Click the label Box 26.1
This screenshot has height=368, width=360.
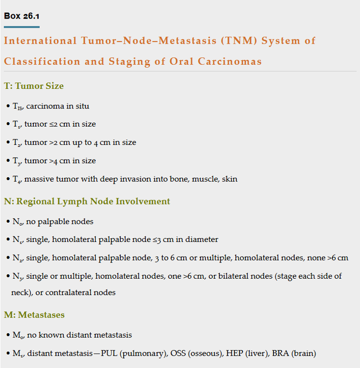tap(22, 16)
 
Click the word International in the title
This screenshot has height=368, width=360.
tap(40, 41)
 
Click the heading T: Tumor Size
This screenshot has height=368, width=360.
tap(34, 86)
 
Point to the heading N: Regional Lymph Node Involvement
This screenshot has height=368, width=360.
tap(87, 201)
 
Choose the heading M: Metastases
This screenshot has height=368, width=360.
tap(34, 315)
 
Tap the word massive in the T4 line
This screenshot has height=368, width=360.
tap(39, 179)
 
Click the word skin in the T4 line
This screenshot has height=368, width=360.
tap(229, 179)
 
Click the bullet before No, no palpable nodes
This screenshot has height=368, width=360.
tap(8, 222)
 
